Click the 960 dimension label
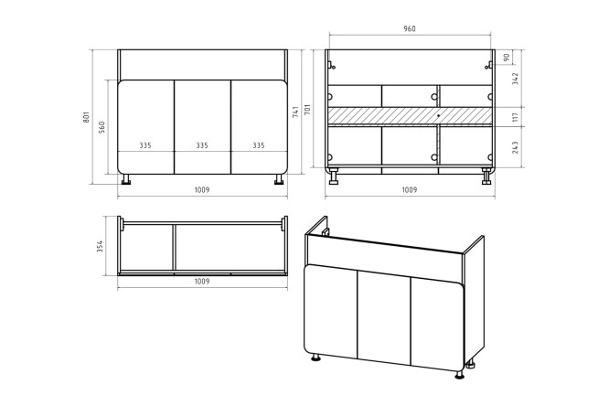[410, 28]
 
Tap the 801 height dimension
[86, 117]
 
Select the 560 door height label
[101, 127]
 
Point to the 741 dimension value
[295, 112]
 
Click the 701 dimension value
[307, 111]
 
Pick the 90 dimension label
[506, 58]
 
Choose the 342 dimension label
[515, 79]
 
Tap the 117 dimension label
[515, 116]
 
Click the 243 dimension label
[515, 147]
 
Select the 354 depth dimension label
[100, 247]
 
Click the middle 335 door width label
[202, 145]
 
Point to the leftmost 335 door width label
[145, 145]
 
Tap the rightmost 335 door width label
[259, 145]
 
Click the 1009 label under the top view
[202, 282]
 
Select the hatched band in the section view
[410, 116]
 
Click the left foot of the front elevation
[126, 179]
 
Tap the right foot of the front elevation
[279, 179]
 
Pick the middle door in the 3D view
[384, 317]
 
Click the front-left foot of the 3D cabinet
[316, 357]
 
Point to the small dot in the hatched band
[438, 115]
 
